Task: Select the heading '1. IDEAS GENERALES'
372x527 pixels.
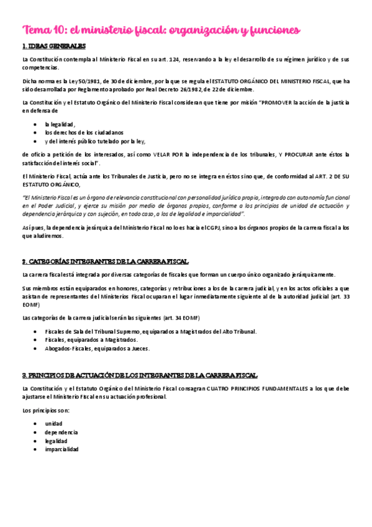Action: point(54,47)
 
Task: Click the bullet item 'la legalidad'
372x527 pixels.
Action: point(60,124)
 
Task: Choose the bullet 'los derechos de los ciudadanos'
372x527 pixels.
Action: point(84,132)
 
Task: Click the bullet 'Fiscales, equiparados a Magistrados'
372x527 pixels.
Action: point(91,340)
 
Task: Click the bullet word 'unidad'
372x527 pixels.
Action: point(53,423)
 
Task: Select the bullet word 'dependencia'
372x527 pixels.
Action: point(61,432)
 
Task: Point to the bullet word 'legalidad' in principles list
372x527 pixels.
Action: point(56,441)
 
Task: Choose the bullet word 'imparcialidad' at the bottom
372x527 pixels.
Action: point(61,449)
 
